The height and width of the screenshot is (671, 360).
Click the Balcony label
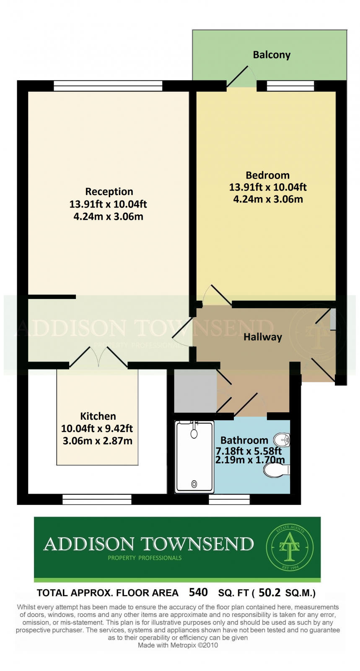pos(272,55)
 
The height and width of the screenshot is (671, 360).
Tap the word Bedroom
pos(267,175)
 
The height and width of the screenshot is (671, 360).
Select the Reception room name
pos(109,192)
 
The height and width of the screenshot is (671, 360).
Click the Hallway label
pos(262,337)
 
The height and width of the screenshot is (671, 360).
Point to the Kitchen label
pos(98,416)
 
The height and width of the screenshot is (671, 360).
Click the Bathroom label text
pos(244,440)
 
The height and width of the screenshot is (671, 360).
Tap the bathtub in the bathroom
pos(194,457)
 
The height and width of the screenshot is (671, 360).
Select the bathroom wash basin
pos(282,440)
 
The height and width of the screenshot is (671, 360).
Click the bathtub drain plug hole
pos(194,484)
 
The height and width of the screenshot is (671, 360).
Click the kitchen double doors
pos(99,357)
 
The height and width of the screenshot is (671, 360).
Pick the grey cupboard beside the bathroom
pos(195,391)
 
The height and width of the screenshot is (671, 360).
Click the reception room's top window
pos(108,86)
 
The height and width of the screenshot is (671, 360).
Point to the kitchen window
pos(97,499)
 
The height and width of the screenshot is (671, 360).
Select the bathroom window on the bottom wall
pos(229,499)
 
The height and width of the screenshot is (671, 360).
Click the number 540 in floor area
pos(198,593)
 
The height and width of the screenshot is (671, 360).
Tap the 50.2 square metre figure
pos(269,593)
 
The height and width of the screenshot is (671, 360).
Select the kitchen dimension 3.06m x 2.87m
pos(98,441)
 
